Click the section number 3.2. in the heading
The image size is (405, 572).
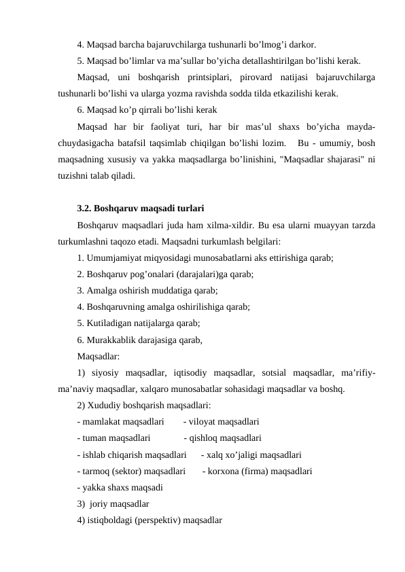click(85, 209)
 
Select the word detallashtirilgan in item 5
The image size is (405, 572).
click(260, 61)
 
